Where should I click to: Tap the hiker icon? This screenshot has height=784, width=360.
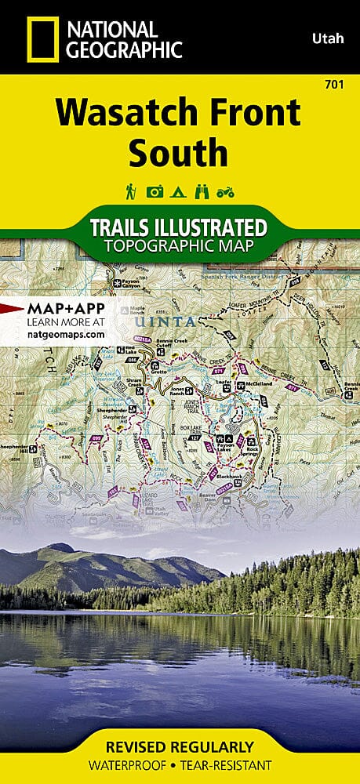(x=131, y=191)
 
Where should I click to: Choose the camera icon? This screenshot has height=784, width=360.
(x=155, y=191)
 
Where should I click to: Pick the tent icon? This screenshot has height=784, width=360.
(x=179, y=191)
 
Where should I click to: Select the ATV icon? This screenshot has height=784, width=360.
(x=227, y=191)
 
